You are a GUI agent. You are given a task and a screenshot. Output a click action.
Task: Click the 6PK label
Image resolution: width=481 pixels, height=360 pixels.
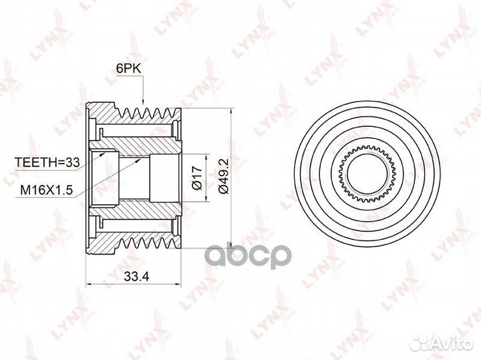128,69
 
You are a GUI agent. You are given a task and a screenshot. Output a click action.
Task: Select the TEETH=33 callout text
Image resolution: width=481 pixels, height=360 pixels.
47,162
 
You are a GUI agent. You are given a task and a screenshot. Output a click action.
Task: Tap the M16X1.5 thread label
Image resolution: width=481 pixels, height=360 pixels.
46,190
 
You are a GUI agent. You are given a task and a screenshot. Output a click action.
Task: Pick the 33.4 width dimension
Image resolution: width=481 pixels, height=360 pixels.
136,277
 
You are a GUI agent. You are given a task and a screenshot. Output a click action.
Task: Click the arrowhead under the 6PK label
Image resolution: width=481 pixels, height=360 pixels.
143,102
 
